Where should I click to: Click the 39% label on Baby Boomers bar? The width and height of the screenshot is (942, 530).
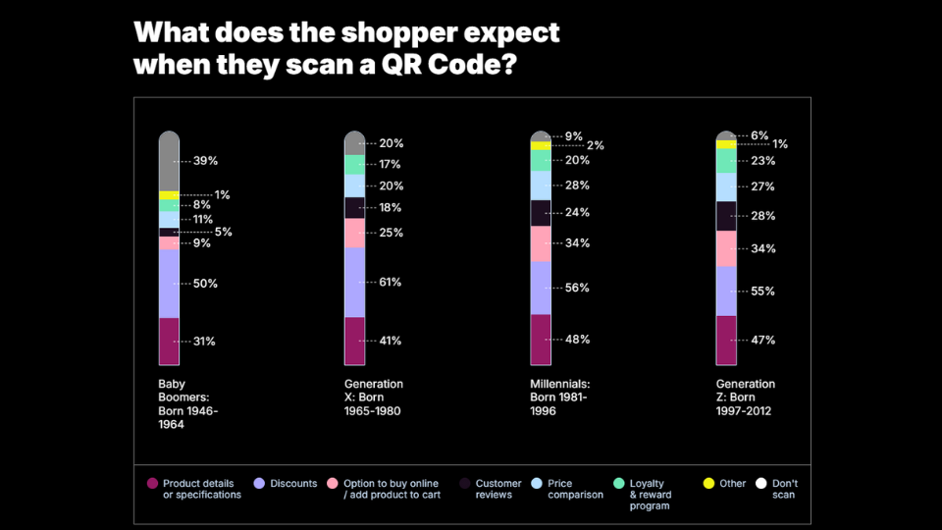205,161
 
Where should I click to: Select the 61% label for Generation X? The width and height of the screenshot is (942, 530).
391,283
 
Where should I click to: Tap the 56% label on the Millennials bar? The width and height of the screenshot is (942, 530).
577,289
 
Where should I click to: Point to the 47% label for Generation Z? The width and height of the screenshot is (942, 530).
763,341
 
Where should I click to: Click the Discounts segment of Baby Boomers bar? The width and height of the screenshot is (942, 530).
169,284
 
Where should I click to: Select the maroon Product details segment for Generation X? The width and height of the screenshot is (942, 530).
354,341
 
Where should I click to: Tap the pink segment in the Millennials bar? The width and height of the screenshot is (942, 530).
541,243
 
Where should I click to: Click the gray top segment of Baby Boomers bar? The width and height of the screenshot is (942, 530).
169,161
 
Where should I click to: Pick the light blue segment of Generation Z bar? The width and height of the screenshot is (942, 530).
726,186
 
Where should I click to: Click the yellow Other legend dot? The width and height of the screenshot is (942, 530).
708,484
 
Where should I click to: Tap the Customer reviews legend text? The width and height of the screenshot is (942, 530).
498,489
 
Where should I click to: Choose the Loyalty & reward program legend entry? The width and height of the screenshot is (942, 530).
648,494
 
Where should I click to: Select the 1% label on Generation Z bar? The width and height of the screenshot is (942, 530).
780,144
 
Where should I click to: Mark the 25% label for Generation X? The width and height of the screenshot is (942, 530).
391,234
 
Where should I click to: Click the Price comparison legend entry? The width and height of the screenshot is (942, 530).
575,489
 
